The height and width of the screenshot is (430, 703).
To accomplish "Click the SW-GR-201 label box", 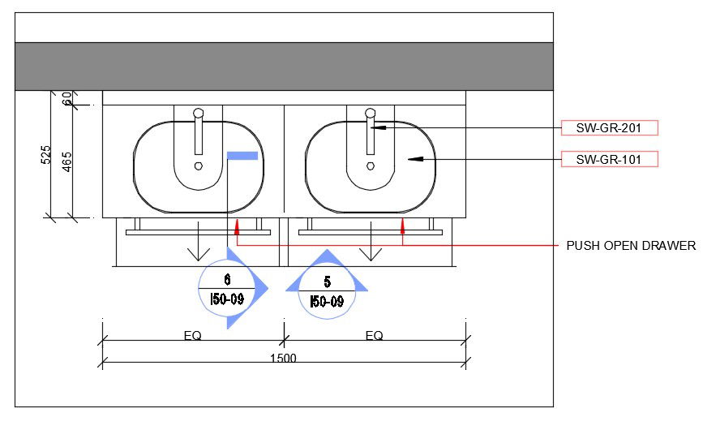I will click(609, 127).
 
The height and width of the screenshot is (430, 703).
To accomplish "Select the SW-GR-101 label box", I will click(609, 159).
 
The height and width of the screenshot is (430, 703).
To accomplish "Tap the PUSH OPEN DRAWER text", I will click(631, 246).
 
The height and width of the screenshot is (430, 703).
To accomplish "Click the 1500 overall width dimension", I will click(284, 359).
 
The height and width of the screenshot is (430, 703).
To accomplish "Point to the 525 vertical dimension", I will click(46, 154).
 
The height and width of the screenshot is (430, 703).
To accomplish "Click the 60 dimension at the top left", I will click(67, 98).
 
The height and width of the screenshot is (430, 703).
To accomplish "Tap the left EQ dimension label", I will click(193, 335).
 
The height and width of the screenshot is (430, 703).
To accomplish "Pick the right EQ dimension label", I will click(374, 335).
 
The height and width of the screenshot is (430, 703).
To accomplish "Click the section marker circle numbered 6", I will click(227, 289).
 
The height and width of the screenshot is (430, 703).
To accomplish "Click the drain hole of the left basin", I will click(199, 166).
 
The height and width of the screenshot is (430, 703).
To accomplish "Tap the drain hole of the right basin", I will click(371, 166).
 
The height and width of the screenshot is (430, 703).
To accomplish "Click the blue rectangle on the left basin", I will click(242, 156).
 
